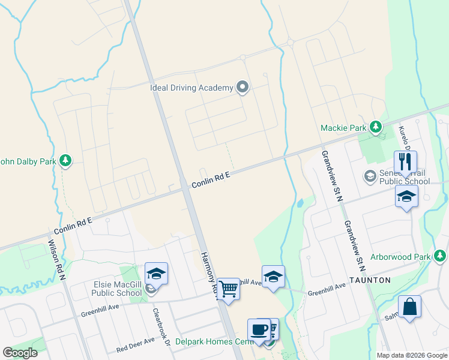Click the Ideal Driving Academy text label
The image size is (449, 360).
point(191,88)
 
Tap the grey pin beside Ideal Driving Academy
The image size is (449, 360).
point(243,88)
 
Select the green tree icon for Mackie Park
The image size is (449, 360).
point(376,127)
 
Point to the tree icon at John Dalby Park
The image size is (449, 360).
point(66,160)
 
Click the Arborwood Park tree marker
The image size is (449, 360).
point(440,257)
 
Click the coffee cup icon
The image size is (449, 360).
point(259,329)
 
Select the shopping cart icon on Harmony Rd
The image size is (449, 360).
point(228,289)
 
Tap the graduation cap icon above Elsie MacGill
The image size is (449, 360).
point(156,274)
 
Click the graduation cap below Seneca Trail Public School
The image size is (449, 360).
point(406,196)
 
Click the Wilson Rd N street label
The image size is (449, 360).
point(56,256)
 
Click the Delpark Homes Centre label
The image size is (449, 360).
point(212,342)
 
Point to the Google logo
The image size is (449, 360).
point(20,353)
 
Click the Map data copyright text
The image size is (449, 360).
point(412,355)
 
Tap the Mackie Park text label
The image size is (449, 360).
point(343,127)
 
